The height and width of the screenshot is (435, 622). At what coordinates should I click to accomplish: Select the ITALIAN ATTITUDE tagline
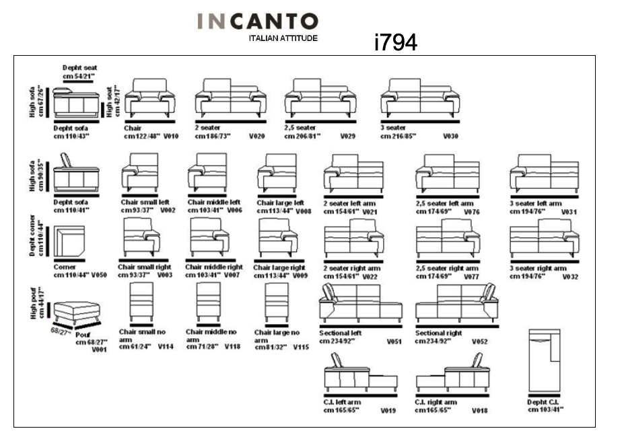coord(283,38)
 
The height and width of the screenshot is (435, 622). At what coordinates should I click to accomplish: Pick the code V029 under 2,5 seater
coord(347,136)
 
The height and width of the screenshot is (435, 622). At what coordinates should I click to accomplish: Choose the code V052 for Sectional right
coord(479,342)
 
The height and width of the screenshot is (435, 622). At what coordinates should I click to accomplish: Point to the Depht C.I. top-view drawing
coord(544,361)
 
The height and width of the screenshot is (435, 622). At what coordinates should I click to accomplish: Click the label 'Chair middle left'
coord(213,202)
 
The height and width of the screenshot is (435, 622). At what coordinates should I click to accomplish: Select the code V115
coord(301,348)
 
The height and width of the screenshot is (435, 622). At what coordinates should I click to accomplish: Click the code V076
coord(472,211)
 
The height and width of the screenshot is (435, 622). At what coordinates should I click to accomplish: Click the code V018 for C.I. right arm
coord(479,409)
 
